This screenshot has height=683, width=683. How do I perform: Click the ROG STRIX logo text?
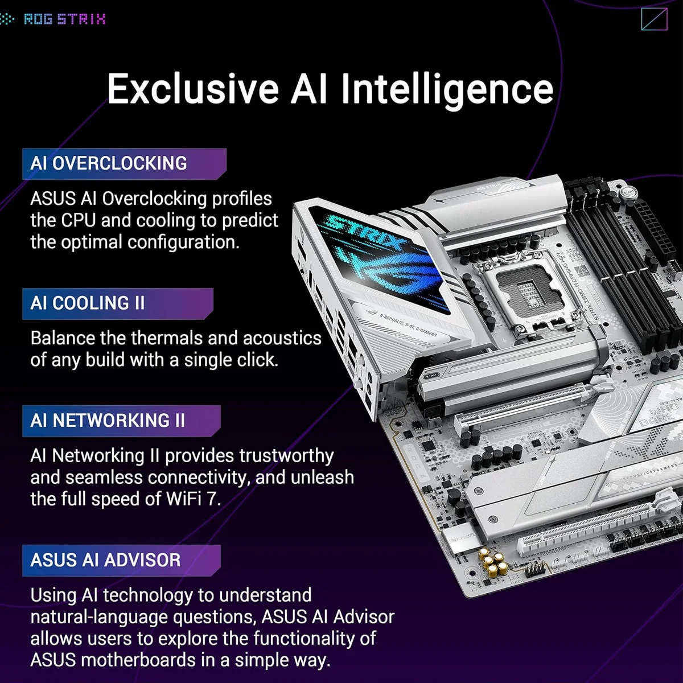click(64, 19)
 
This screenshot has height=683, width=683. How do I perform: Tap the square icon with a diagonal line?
click(653, 19)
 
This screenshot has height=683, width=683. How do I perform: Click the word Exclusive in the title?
click(193, 89)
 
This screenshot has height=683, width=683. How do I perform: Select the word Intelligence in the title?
click(447, 89)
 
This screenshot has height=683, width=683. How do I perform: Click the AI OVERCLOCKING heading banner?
click(124, 163)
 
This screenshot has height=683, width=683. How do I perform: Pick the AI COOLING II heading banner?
click(117, 303)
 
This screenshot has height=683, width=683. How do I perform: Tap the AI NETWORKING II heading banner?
click(121, 421)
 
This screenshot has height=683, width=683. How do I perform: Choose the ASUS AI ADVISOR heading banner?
click(121, 560)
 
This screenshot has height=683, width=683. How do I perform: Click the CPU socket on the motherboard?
click(525, 293)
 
